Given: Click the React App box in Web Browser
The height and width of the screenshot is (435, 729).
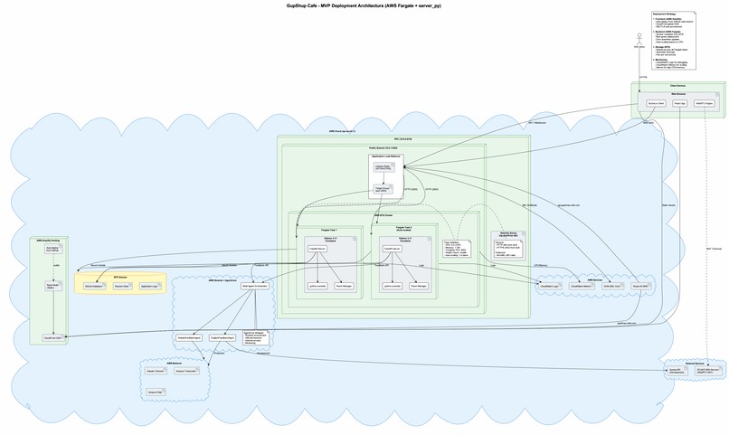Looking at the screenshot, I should click(679, 104).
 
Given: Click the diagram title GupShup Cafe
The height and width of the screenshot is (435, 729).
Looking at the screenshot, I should click(364, 5).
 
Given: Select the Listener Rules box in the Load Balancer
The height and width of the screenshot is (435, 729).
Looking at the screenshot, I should click(383, 168).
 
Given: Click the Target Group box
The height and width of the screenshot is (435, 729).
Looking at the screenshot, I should click(383, 190).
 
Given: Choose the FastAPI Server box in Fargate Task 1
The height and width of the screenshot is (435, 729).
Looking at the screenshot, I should click(317, 247).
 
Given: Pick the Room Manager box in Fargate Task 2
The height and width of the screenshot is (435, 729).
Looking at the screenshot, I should click(418, 285).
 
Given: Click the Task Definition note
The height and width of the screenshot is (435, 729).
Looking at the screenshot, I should click(455, 249).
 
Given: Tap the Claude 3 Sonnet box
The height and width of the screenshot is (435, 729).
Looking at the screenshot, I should click(155, 371).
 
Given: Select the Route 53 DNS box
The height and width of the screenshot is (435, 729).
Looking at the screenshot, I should click(639, 285).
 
